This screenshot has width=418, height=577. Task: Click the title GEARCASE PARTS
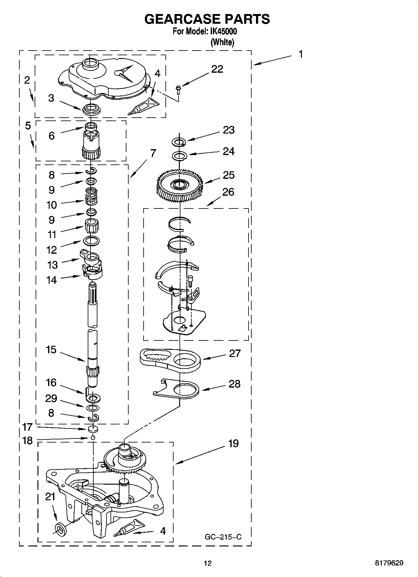click(x=207, y=19)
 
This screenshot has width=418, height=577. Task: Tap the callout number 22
click(x=217, y=69)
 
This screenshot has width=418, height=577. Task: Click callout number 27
click(x=235, y=353)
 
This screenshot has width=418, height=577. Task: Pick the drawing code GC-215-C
click(x=223, y=537)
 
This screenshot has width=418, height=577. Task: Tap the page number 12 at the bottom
click(x=207, y=563)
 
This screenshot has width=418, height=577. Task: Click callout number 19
click(x=233, y=443)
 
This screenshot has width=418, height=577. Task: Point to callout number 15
click(x=51, y=350)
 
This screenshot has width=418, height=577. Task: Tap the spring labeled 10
click(x=91, y=197)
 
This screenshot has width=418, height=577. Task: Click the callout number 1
click(x=301, y=54)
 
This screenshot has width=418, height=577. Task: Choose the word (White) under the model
click(x=222, y=42)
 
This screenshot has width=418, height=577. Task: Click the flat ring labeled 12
click(x=91, y=240)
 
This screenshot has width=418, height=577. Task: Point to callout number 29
click(x=51, y=399)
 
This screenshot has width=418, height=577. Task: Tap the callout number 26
click(x=228, y=192)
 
